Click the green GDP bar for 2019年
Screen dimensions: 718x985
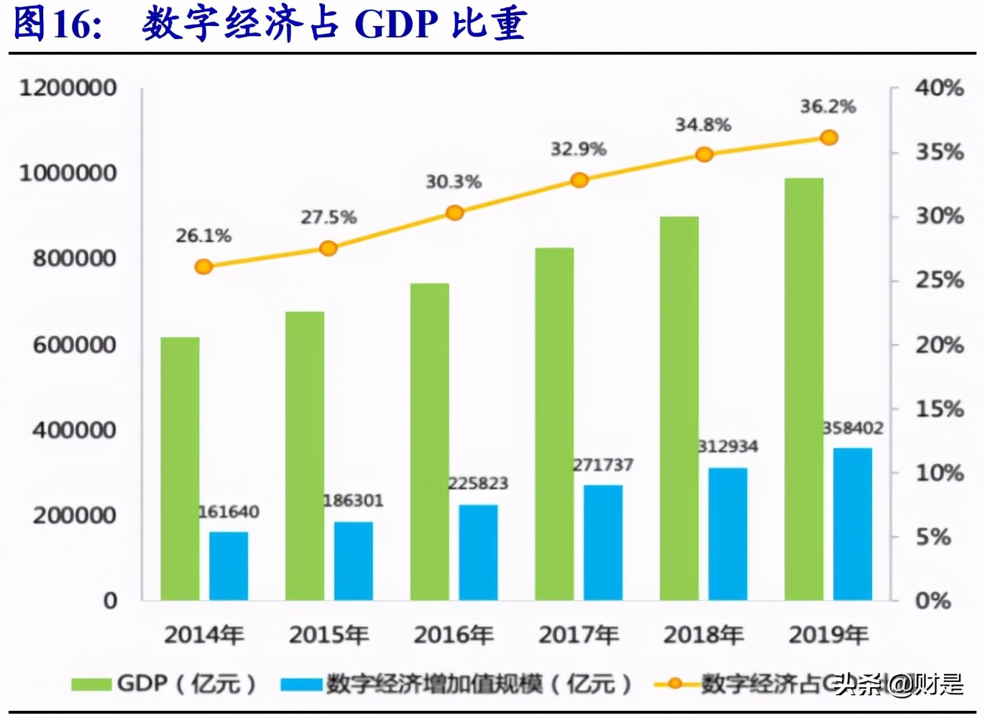(x=804, y=388)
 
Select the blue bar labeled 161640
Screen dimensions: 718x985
(x=229, y=566)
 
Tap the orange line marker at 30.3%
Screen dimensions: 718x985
(x=454, y=212)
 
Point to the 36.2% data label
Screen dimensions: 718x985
(x=828, y=106)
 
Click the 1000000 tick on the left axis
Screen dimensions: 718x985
(x=68, y=173)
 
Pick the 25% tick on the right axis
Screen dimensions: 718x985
(x=939, y=280)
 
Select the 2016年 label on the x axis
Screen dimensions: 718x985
(x=454, y=635)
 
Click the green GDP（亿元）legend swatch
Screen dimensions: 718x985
(x=91, y=683)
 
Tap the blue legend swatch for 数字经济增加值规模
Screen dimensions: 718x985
(x=301, y=683)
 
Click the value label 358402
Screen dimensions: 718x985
(x=853, y=428)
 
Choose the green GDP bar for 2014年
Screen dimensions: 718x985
(x=180, y=468)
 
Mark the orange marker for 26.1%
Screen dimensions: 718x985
(x=204, y=267)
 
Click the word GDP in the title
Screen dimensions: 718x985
(x=396, y=24)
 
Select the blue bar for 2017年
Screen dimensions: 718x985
(x=603, y=542)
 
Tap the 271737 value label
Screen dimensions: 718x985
(x=603, y=465)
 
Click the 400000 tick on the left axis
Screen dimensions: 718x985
(x=74, y=430)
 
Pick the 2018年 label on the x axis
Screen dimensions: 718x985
(x=703, y=635)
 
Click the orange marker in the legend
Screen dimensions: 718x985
(x=674, y=683)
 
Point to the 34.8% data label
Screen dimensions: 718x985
(x=702, y=124)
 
